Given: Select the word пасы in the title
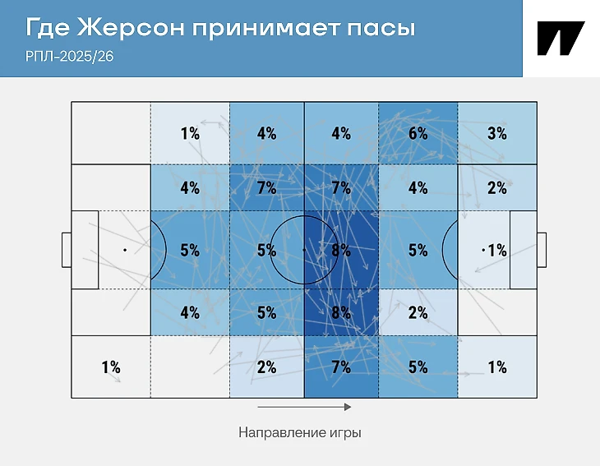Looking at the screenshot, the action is point(381,29).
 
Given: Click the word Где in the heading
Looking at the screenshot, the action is point(48,28).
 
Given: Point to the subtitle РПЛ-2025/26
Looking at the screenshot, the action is point(70,56).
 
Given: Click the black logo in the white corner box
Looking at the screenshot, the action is point(561,39).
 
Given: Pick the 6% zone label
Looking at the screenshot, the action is point(418,133).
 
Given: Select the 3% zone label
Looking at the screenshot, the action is point(497,133).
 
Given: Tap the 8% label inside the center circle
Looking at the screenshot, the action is point(341,250).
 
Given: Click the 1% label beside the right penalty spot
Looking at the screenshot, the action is point(497,250).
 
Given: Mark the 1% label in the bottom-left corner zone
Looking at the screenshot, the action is point(111,367).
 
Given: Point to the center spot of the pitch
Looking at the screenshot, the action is point(304,250).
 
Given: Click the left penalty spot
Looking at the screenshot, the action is point(125,250).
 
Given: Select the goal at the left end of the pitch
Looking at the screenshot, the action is point(67,250).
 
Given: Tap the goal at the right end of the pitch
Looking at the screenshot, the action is point(542,250).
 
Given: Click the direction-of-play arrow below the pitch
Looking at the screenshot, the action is point(304,407).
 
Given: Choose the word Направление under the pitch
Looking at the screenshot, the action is point(282,432).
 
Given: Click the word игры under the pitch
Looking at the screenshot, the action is point(345,433).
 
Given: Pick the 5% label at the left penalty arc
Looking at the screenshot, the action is point(190,250).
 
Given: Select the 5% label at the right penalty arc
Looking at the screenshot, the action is point(418,250).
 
